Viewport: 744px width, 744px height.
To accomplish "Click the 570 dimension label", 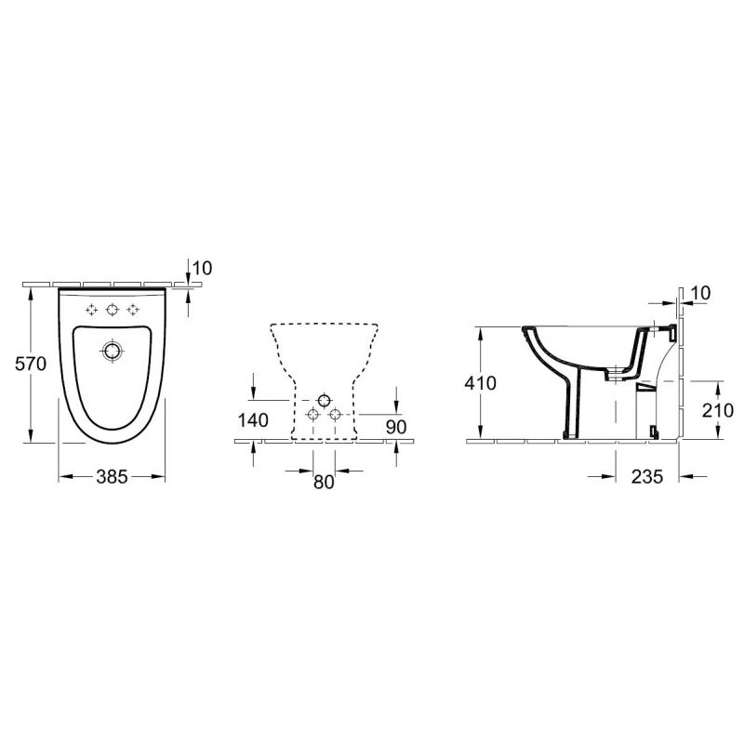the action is [31, 364].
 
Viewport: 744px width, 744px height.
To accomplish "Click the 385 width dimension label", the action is [112, 476].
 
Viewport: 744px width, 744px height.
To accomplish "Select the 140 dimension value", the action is [253, 420].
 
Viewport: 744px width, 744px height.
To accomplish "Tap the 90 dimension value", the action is [396, 427].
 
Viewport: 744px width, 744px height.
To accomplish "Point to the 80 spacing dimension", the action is [324, 482].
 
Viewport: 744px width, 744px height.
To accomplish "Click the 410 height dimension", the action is [480, 382].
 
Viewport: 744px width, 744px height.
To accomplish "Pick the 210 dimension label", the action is [718, 410].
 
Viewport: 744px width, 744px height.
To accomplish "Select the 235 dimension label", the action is [647, 476].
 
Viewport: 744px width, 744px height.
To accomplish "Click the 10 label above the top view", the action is [203, 269].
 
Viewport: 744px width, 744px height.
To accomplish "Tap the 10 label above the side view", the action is [701, 293].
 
